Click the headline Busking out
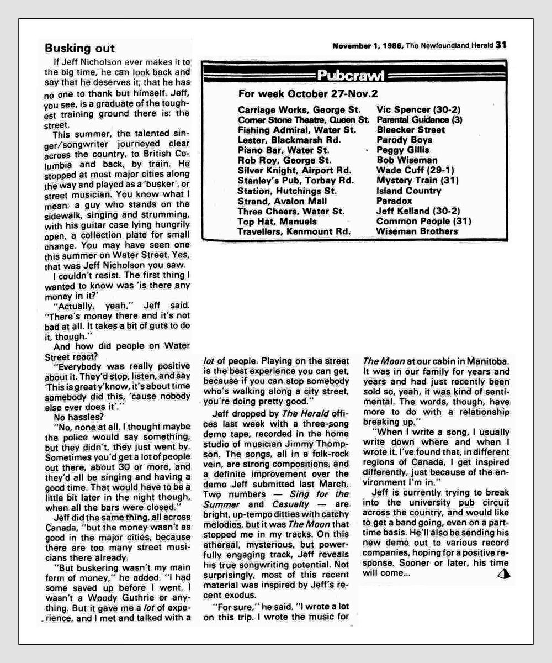pos(79,48)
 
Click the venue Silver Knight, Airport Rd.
pos(294,170)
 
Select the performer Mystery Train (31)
pos(417,180)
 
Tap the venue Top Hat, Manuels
pos(273,221)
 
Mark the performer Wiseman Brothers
pos(417,231)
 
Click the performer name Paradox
pos(394,201)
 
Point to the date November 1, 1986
pos(368,46)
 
